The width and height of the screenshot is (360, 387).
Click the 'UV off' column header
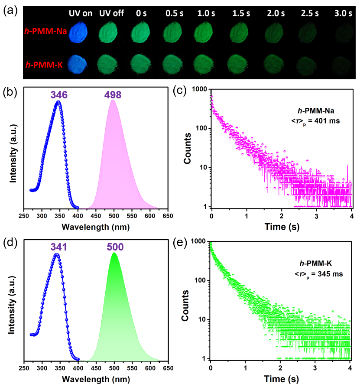[111, 13]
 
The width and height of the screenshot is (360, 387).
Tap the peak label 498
[113, 94]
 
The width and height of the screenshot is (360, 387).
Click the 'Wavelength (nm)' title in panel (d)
[95, 380]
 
